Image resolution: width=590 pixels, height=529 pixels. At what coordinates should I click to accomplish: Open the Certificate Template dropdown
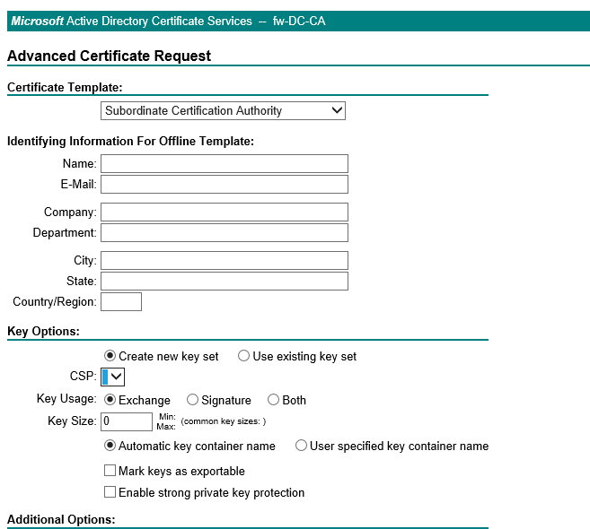click(x=223, y=111)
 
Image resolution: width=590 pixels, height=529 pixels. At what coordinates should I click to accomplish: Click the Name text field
click(x=224, y=163)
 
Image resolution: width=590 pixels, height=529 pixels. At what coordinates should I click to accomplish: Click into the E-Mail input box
click(x=224, y=184)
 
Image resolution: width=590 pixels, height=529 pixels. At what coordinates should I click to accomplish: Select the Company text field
click(x=224, y=212)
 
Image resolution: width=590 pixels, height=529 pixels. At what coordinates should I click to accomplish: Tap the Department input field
click(x=224, y=233)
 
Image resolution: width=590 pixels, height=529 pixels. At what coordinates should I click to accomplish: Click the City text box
click(x=224, y=261)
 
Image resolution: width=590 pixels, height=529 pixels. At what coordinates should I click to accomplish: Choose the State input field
click(x=224, y=282)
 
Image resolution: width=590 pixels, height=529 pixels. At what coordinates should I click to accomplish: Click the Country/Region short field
click(x=121, y=302)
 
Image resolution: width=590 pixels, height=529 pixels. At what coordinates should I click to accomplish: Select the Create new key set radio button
click(x=110, y=356)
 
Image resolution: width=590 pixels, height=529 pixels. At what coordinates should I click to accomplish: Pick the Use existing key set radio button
click(x=244, y=356)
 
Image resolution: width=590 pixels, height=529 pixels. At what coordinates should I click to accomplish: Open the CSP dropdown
click(x=113, y=377)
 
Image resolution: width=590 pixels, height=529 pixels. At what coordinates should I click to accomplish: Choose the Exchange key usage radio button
click(x=110, y=400)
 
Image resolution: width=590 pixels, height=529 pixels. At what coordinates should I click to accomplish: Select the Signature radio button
click(x=193, y=400)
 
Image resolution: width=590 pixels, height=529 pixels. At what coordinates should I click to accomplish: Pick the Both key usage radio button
click(x=274, y=400)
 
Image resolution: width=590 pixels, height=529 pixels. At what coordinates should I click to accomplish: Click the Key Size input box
click(x=127, y=421)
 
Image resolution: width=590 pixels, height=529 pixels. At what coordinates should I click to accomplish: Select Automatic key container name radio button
click(x=110, y=446)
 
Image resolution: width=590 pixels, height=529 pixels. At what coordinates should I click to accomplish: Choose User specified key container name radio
click(x=302, y=446)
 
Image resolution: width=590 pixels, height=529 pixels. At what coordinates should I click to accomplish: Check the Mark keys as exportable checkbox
click(x=110, y=471)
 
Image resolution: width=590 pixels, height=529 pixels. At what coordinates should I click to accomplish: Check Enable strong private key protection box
click(x=110, y=492)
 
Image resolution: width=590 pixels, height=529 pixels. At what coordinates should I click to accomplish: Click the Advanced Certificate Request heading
click(x=109, y=56)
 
